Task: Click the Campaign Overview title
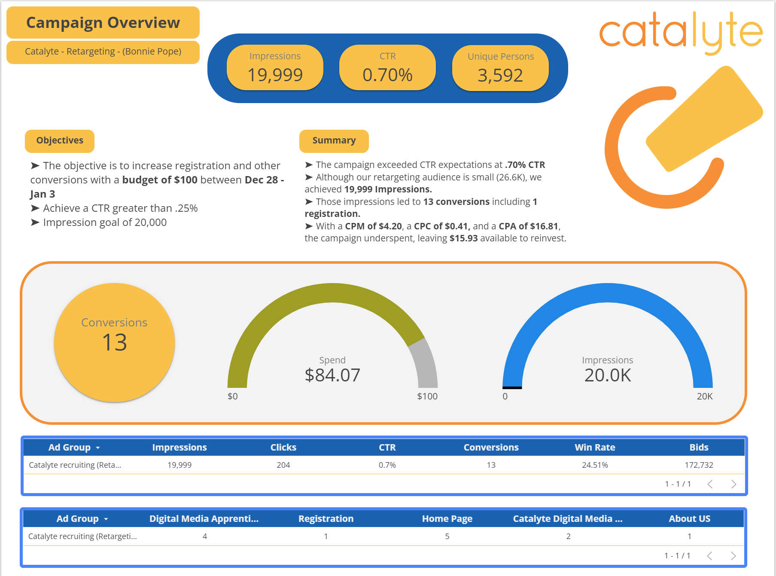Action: (x=103, y=23)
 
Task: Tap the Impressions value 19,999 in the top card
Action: (x=275, y=75)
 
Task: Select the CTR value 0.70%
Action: (x=387, y=75)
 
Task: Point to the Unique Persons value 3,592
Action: (x=500, y=76)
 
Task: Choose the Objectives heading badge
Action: (x=60, y=141)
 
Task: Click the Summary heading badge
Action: (x=334, y=141)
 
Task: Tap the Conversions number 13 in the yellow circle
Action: (x=115, y=343)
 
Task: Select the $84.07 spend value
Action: (x=332, y=375)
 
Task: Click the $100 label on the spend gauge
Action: (x=427, y=396)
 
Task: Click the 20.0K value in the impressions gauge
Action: (x=607, y=375)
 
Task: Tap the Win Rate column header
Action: (x=595, y=448)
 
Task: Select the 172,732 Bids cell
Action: (x=699, y=465)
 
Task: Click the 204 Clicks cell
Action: (x=283, y=465)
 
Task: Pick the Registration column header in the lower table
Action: (x=326, y=519)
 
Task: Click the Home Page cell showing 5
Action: (x=447, y=536)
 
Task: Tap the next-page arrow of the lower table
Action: (x=733, y=556)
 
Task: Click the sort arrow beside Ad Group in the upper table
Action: (x=98, y=448)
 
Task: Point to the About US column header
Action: (x=689, y=519)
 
